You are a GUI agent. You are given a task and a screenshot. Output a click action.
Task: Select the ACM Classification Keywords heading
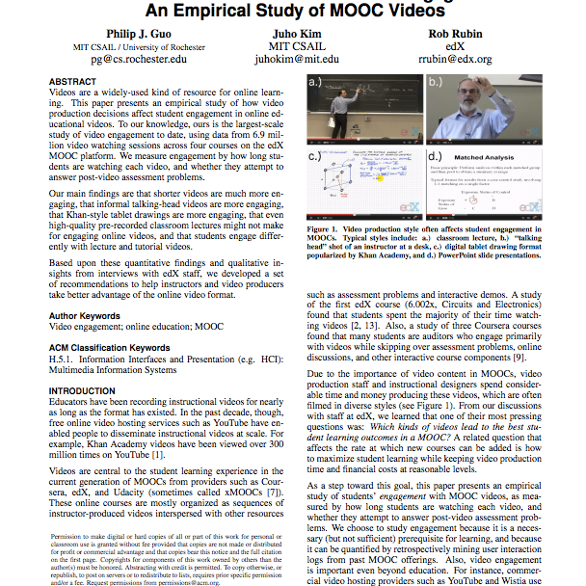(117, 347)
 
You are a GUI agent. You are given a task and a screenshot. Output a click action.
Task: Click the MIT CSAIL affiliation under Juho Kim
(296, 45)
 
